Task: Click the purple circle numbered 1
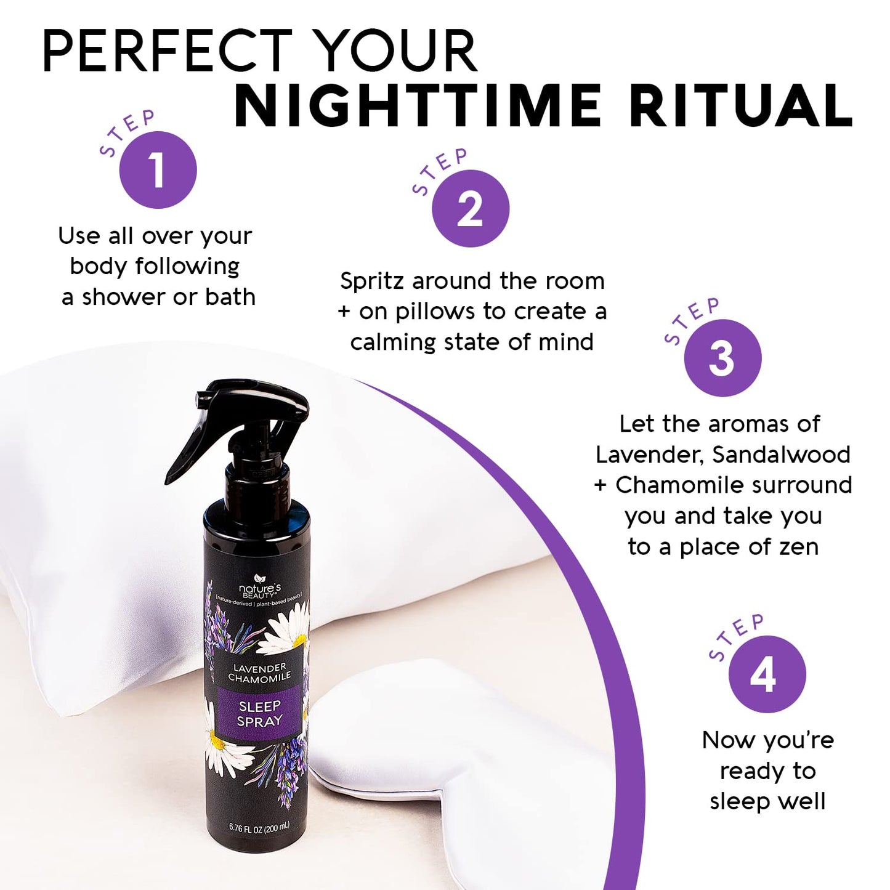coord(158,170)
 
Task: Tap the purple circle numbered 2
coord(471,209)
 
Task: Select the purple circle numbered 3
coord(722,358)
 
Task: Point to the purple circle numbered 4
coord(767,674)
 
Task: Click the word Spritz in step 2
coord(372,281)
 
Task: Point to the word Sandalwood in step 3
coord(782,455)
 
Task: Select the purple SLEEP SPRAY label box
coord(259,713)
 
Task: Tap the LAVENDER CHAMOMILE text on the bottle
coord(259,673)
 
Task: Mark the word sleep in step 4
coord(736,801)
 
